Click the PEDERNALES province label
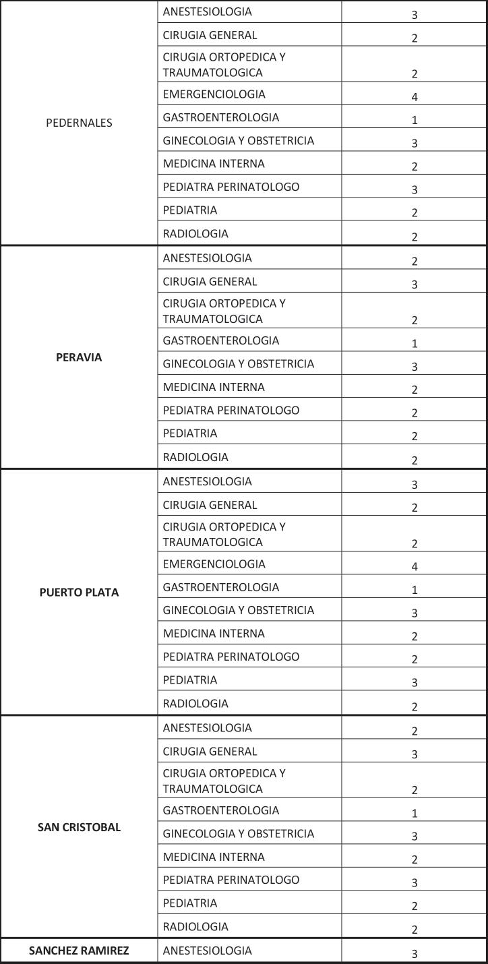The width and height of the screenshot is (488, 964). tap(79, 123)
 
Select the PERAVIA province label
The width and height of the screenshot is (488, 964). tap(79, 357)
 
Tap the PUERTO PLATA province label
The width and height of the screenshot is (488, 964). tap(79, 593)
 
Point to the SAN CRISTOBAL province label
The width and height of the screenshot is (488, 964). tap(79, 827)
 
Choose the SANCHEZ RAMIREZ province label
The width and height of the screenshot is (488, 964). tap(79, 951)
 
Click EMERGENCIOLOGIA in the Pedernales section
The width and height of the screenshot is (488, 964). tap(214, 94)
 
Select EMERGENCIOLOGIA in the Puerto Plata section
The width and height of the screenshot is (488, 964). tap(214, 564)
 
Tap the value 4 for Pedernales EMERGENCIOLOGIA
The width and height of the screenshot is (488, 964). tap(415, 97)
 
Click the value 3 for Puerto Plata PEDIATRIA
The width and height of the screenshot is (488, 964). tap(415, 683)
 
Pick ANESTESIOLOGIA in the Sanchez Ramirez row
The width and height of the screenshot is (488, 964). tap(207, 951)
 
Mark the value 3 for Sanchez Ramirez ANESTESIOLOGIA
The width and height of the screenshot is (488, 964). tap(415, 954)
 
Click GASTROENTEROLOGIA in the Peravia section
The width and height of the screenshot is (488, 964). tap(220, 340)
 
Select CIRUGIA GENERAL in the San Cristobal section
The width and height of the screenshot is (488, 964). tap(210, 752)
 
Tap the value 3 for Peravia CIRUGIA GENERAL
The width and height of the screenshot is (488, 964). tap(415, 284)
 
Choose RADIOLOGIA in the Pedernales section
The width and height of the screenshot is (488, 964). tap(195, 234)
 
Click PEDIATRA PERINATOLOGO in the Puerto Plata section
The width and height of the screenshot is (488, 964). tap(231, 657)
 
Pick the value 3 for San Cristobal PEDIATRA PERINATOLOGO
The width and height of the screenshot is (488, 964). tap(415, 883)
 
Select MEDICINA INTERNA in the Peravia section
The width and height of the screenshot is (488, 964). tap(214, 387)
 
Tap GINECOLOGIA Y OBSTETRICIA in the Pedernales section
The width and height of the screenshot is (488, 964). tap(238, 141)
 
